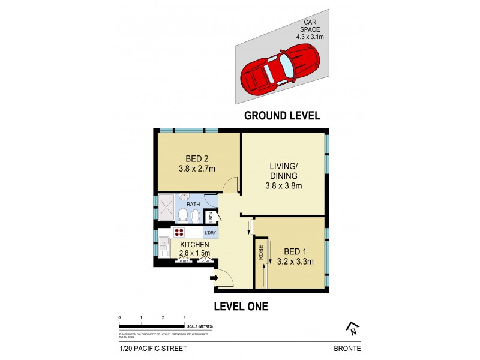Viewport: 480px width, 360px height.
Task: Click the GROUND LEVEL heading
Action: pyautogui.click(x=281, y=116)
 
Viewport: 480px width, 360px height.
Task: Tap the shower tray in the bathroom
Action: pyautogui.click(x=165, y=208)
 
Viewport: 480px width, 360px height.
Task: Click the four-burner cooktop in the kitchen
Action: pyautogui.click(x=179, y=233)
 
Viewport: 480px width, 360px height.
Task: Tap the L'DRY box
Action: pyautogui.click(x=211, y=233)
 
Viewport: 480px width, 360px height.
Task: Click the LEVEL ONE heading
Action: pyautogui.click(x=241, y=307)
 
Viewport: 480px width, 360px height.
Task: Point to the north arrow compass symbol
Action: pyautogui.click(x=352, y=328)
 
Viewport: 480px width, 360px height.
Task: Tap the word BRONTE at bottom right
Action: pyautogui.click(x=347, y=348)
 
